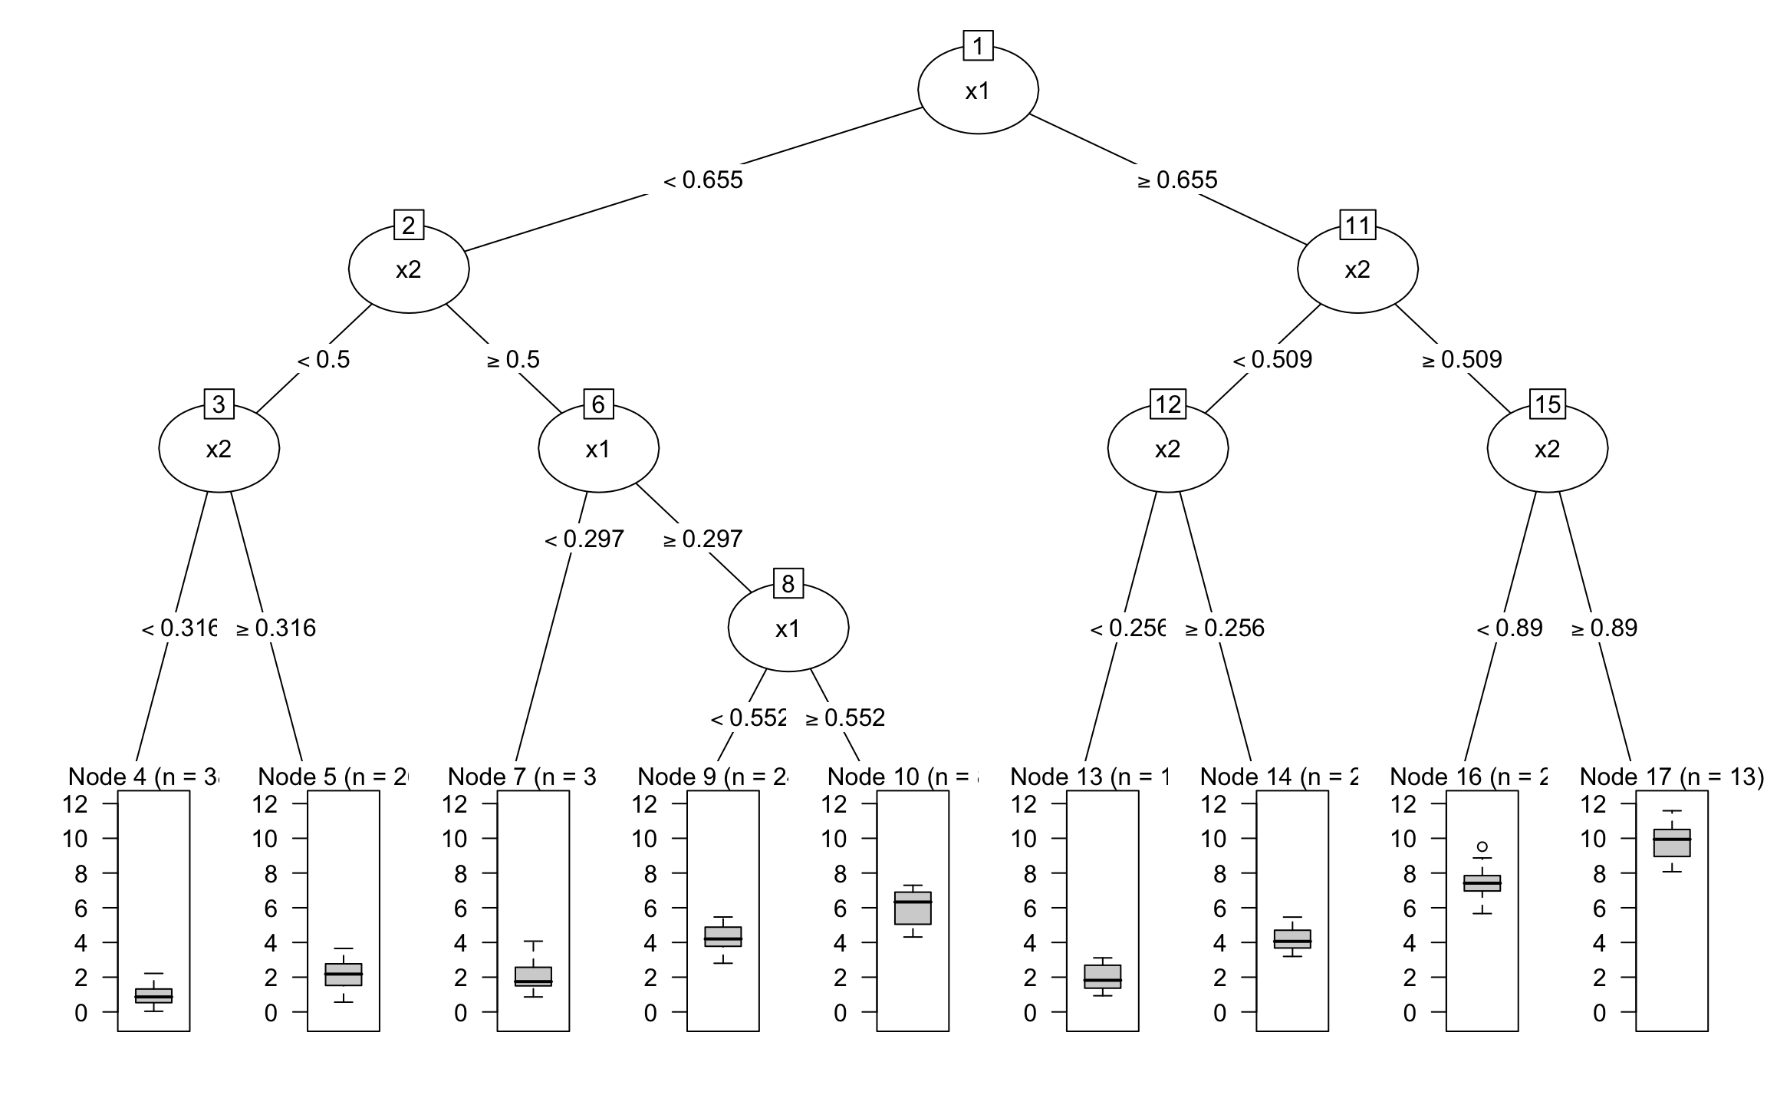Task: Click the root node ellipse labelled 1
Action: tap(978, 91)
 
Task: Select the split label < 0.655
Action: tap(703, 180)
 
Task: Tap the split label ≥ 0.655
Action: tap(1177, 180)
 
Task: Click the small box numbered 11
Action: tap(1357, 226)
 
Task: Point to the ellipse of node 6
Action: tap(598, 449)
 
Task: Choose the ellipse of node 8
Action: tap(788, 628)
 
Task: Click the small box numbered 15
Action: tap(1548, 404)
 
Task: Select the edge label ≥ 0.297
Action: tap(703, 539)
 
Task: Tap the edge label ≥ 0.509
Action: tap(1462, 360)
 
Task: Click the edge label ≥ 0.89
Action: tap(1604, 628)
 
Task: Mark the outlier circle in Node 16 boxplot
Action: tap(1482, 847)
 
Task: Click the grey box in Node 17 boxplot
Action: tap(1672, 843)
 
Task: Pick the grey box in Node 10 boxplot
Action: tap(913, 908)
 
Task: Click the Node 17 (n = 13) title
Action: tap(1671, 777)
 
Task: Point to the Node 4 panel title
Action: tap(143, 777)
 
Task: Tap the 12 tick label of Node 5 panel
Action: tap(265, 804)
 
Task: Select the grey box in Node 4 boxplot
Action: tap(153, 995)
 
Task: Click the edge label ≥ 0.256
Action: tap(1225, 628)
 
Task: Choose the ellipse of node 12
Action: tap(1167, 449)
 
